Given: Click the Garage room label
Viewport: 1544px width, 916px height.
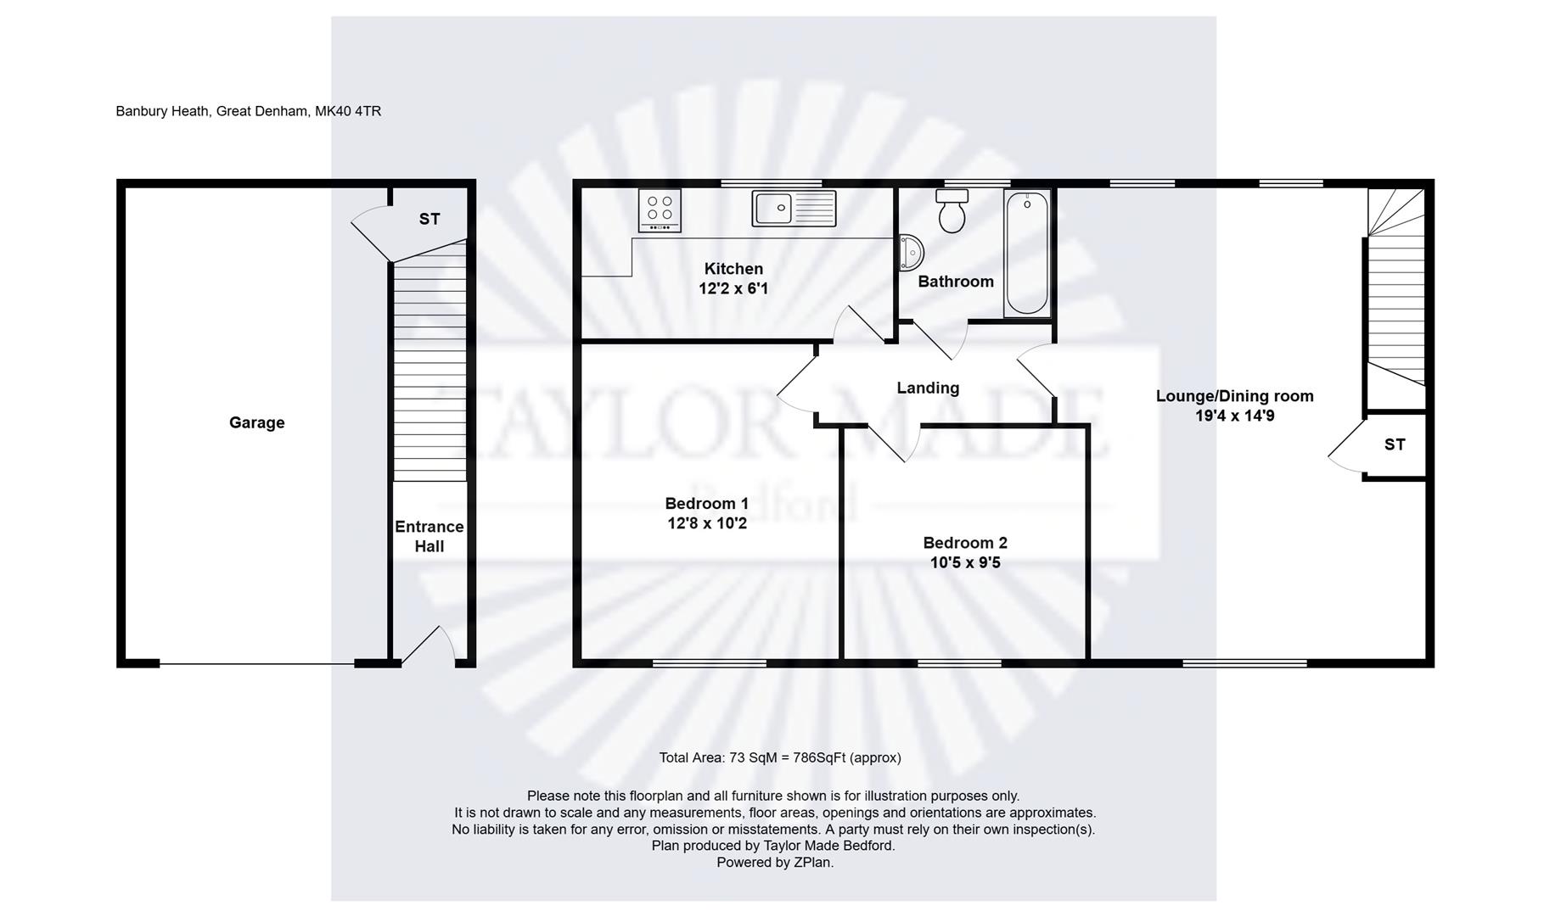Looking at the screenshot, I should click(256, 422).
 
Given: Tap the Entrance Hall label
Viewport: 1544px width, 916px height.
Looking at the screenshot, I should click(429, 536).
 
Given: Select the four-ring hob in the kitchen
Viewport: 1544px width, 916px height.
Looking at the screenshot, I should click(660, 210).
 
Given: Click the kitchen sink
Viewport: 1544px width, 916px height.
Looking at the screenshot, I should click(793, 208).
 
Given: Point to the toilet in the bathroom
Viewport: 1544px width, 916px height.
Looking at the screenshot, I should click(952, 211).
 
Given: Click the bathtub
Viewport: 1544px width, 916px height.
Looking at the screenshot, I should click(1026, 253).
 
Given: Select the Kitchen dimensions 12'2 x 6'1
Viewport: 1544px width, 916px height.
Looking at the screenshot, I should click(733, 289).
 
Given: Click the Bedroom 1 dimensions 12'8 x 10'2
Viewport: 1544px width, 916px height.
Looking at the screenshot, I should click(707, 524).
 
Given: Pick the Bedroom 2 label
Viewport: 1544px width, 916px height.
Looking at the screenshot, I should click(965, 543).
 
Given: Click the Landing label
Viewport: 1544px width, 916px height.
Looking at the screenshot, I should click(928, 388).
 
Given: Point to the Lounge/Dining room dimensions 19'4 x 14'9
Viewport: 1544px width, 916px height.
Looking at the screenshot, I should click(1234, 416).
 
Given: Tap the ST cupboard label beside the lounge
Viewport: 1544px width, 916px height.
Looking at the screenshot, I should click(1395, 444).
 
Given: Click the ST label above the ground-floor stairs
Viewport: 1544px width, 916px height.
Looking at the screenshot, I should click(430, 219).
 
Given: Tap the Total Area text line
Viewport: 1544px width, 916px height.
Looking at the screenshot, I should click(779, 757).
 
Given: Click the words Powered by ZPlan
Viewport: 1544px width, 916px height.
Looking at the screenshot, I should click(774, 863).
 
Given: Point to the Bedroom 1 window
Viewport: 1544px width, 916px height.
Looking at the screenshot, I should click(710, 663).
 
